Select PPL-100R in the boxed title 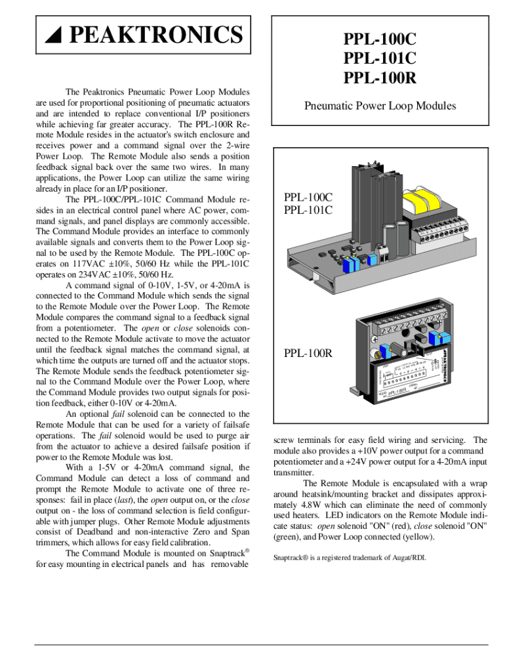[x=380, y=79]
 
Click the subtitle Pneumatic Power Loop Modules [x=380, y=106]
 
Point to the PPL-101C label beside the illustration [x=308, y=210]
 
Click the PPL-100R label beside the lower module [x=308, y=354]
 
